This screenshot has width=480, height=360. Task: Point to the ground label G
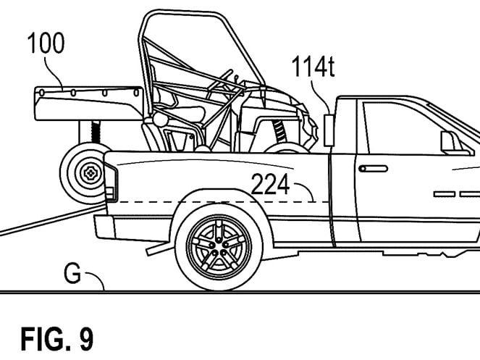[72, 274]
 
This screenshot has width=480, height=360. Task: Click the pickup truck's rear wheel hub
[219, 246]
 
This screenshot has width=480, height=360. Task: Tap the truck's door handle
[373, 168]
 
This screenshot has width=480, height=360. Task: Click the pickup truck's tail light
[110, 182]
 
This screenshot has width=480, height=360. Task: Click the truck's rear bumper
[104, 227]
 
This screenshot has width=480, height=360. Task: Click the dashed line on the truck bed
[217, 200]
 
